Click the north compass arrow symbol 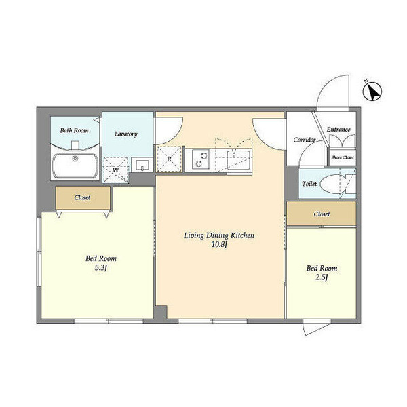click(372, 91)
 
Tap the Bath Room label click(74, 130)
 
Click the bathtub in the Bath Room click(75, 166)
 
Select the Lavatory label click(126, 134)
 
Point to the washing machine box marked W click(116, 170)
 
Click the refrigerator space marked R click(169, 159)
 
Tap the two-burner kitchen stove click(201, 159)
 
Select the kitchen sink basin click(239, 159)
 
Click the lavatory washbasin click(142, 165)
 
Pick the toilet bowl click(333, 184)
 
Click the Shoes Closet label click(343, 157)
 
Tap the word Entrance click(338, 130)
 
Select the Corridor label click(305, 140)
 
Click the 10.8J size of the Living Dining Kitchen click(219, 244)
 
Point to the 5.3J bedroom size click(101, 267)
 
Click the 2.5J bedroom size click(322, 277)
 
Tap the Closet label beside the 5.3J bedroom click(82, 197)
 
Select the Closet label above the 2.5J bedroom click(322, 214)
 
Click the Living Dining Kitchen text click(219, 235)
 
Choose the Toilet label click(309, 184)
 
